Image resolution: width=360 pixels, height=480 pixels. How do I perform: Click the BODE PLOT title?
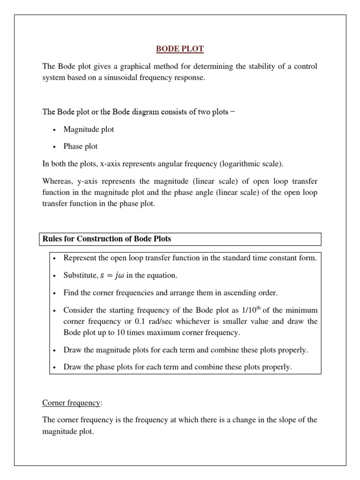pyautogui.click(x=180, y=49)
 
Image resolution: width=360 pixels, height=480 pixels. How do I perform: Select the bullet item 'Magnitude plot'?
pyautogui.click(x=89, y=129)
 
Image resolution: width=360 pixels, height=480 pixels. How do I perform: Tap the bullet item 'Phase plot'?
pyautogui.click(x=81, y=146)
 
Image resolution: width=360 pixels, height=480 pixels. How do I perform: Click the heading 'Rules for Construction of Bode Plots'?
pyautogui.click(x=107, y=239)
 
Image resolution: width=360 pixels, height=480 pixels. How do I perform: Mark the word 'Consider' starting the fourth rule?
pyautogui.click(x=78, y=310)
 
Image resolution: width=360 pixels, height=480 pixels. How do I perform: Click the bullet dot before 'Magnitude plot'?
pyautogui.click(x=55, y=130)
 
